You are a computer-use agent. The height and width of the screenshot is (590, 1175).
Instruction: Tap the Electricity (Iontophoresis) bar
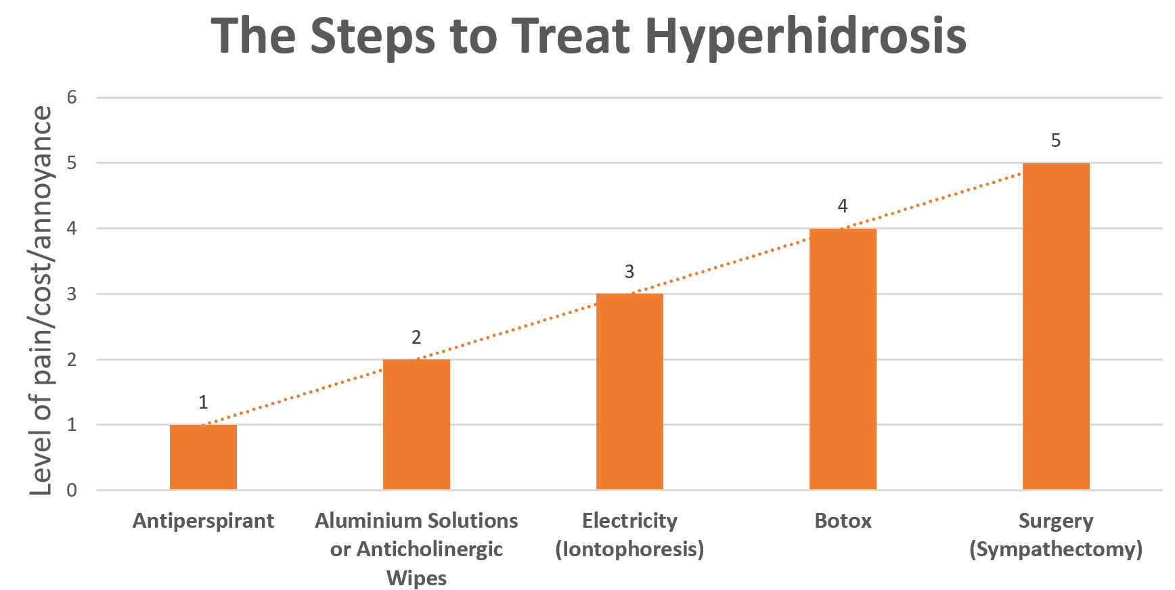click(629, 392)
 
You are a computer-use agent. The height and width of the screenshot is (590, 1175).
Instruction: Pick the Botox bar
click(843, 359)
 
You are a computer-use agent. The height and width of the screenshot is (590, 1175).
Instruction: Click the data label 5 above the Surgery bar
click(1056, 141)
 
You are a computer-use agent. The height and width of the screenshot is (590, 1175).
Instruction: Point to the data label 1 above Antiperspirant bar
click(203, 403)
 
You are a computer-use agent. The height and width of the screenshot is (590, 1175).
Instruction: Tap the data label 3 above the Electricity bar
click(629, 272)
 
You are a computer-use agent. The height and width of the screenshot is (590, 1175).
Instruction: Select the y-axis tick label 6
click(72, 97)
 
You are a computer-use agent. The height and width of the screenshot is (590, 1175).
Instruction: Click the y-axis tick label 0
click(72, 491)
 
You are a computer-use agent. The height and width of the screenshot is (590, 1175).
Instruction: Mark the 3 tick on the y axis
click(72, 294)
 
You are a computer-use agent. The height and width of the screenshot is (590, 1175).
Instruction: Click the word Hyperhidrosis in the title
click(805, 37)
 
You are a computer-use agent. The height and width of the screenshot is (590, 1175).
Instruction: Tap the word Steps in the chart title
click(373, 37)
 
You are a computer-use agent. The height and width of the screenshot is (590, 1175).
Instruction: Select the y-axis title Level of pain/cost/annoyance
click(42, 301)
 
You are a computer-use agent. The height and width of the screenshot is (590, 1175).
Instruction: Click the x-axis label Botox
click(843, 521)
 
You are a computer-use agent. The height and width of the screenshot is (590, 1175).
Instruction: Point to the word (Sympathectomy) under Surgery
click(1056, 549)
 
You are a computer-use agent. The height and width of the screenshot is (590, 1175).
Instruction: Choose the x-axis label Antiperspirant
click(203, 521)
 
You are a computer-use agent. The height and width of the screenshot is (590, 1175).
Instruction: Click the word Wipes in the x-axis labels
click(416, 578)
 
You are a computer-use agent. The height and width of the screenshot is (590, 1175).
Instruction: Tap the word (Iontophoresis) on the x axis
click(629, 549)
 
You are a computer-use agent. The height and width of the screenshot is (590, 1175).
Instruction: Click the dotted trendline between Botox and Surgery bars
click(948, 196)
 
